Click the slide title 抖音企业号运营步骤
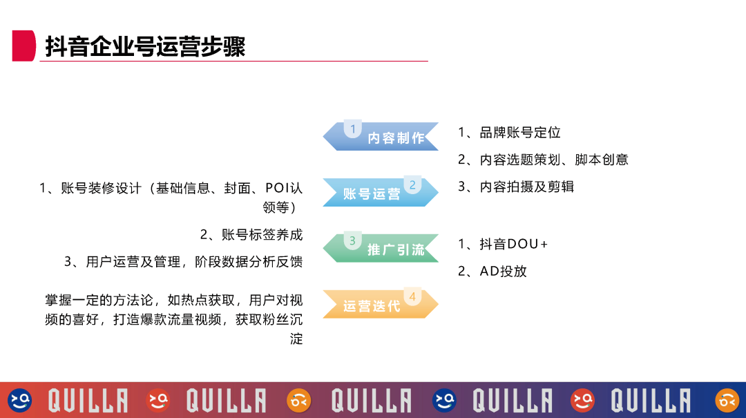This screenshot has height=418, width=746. (145, 46)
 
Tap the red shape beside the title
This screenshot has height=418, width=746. (23, 46)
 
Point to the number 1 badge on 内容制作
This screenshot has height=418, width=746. (353, 129)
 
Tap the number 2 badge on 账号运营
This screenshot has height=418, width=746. (412, 185)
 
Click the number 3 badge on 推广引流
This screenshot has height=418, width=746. (352, 240)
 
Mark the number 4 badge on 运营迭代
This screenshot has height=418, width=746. (412, 297)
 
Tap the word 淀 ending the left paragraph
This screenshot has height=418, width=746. (296, 339)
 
